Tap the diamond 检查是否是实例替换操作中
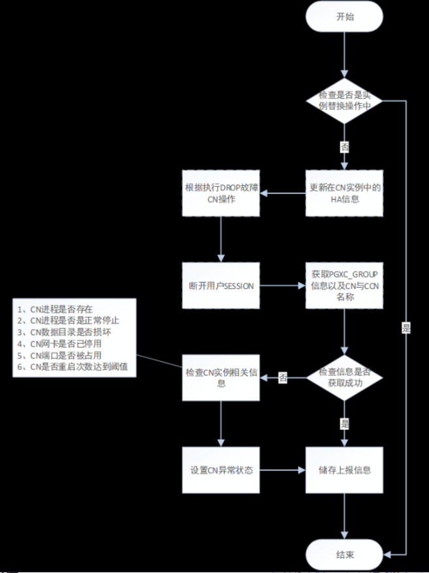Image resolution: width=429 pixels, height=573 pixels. [x=345, y=101]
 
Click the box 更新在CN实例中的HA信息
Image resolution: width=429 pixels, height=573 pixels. [x=345, y=193]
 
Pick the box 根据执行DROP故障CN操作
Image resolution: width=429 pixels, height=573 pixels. [x=221, y=193]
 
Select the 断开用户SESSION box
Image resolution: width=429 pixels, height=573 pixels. [x=221, y=286]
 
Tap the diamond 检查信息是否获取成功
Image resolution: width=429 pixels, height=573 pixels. [x=345, y=377]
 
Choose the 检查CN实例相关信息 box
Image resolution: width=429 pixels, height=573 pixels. [x=221, y=377]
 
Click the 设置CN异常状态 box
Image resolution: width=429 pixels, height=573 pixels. [x=221, y=470]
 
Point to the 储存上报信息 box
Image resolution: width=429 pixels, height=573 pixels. [x=345, y=470]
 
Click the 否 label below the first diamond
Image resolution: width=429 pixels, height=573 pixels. [x=345, y=146]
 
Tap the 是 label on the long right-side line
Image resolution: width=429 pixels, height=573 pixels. [x=406, y=328]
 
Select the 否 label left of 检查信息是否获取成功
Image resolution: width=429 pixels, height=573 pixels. [x=283, y=377]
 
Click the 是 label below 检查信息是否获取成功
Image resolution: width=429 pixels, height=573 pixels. [x=345, y=424]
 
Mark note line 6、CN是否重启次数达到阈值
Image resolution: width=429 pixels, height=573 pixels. [x=76, y=367]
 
